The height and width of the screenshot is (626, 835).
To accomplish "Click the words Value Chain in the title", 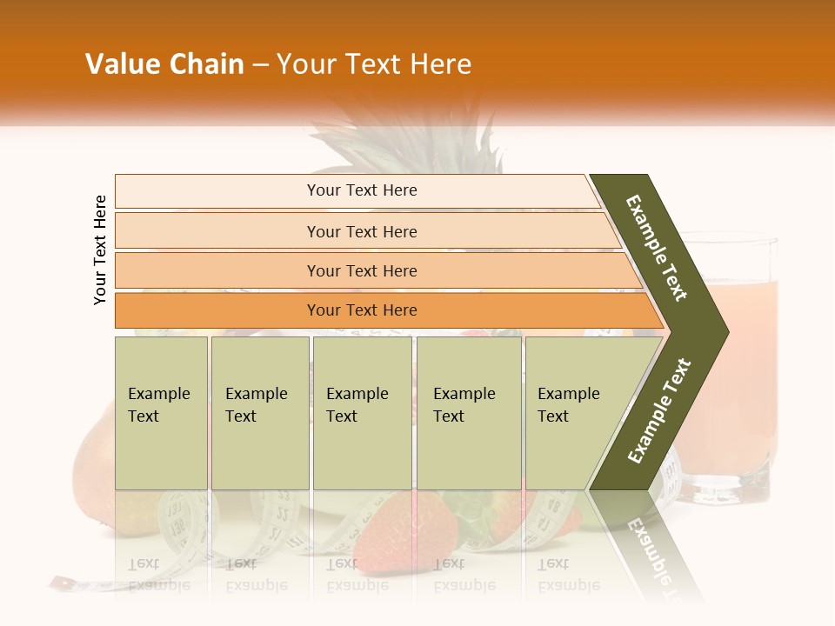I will coord(164,64).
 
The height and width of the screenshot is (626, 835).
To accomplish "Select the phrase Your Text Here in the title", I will coord(374,64).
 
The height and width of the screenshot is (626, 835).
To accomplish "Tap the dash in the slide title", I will coord(260,65).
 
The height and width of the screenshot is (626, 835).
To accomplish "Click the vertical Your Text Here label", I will coord(100,250).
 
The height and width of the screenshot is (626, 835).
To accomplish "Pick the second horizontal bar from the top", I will coord(361,231).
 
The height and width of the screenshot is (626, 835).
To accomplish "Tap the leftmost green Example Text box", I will coord(161,412).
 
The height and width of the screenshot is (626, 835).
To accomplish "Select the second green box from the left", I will coord(259,412).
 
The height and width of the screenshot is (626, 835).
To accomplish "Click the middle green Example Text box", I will coord(362,412).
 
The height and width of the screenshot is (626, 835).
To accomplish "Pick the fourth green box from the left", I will coord(468,412).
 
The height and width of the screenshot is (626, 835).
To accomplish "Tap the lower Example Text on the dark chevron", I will coord(659,410).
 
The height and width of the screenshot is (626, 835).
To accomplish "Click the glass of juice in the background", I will coord(739,365).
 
